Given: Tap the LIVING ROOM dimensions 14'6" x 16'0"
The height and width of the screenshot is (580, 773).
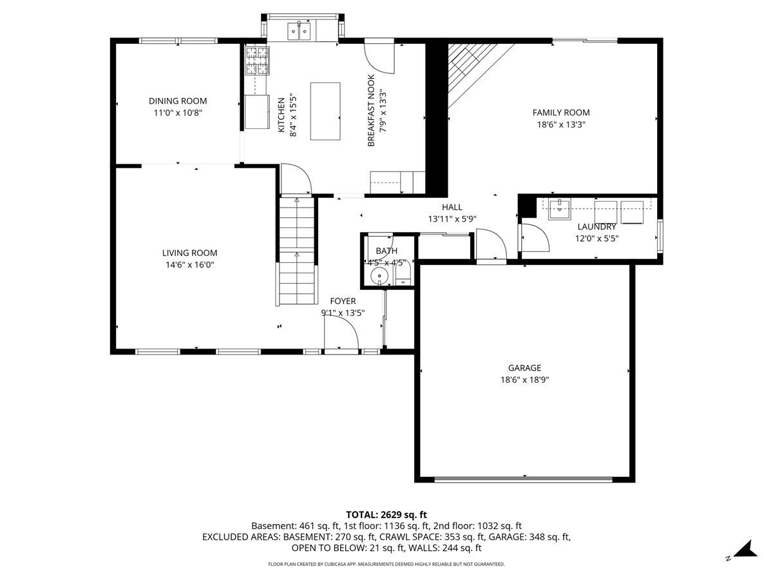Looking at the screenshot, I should [189, 264].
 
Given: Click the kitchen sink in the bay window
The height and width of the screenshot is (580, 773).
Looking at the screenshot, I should [300, 30].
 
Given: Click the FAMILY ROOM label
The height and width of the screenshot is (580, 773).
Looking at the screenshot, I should [560, 112].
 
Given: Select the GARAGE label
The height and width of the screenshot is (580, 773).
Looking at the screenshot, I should [524, 368].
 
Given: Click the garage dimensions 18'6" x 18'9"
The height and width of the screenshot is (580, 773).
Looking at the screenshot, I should [524, 380].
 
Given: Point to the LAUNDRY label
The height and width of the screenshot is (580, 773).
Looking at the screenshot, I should [596, 227].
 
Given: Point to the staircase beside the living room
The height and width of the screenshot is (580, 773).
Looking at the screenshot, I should [298, 251].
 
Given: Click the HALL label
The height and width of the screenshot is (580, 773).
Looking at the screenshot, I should [452, 207].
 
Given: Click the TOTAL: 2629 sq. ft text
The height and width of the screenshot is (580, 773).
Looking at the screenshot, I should [386, 514].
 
